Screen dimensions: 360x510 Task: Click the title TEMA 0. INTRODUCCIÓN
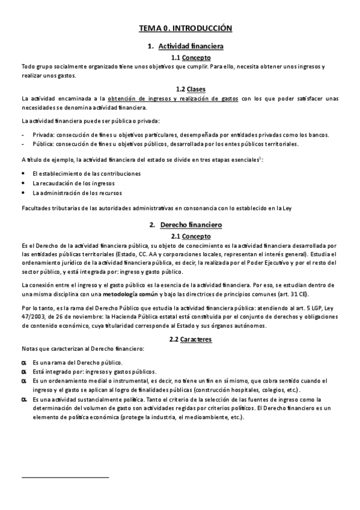[185, 28]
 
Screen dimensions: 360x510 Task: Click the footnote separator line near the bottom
[65, 477]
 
